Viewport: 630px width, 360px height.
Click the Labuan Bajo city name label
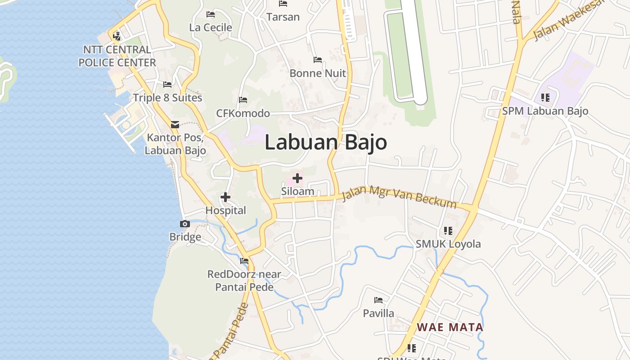point(326,142)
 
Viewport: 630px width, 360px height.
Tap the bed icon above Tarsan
point(283,4)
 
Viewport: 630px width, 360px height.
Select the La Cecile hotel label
point(211,27)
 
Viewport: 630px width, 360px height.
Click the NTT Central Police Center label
point(117,56)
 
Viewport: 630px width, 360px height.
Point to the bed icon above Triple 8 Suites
point(167,84)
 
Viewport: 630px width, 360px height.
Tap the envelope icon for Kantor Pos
point(175,125)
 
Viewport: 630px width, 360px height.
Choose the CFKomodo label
point(243,113)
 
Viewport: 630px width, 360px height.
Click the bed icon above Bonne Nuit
point(318,59)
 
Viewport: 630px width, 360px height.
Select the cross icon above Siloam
point(297,178)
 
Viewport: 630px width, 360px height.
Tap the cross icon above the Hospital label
point(225,197)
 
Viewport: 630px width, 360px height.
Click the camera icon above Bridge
point(185,224)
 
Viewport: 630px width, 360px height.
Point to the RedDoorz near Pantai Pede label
point(244,280)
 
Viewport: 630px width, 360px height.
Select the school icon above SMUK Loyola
point(448,231)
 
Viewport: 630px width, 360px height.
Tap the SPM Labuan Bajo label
point(545,111)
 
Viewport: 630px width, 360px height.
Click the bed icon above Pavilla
point(378,300)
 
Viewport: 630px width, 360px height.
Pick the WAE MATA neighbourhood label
point(450,327)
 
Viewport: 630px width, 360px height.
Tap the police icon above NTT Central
point(117,36)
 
